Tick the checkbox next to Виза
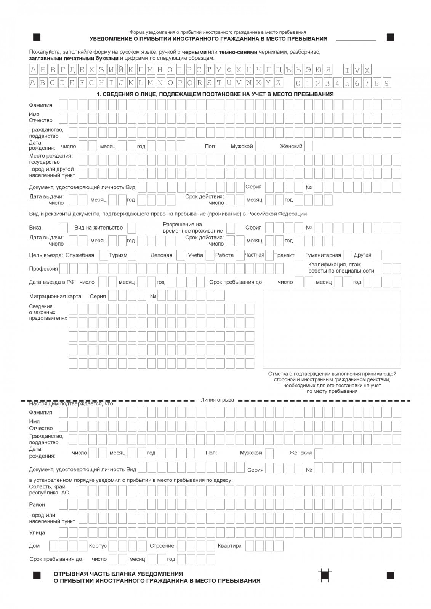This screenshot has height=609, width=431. [64, 228]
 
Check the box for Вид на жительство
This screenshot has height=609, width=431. [131, 228]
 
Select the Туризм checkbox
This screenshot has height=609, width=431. [132, 255]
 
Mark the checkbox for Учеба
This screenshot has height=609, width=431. [210, 255]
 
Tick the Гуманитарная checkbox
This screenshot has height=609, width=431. [348, 255]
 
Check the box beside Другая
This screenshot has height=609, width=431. [378, 255]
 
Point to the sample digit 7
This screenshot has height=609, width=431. [367, 83]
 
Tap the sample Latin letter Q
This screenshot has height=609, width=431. [190, 83]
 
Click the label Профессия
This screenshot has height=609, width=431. [43, 269]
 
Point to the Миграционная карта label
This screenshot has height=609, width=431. [55, 296]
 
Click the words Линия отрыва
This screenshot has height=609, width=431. [217, 400]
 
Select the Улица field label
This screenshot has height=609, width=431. [37, 532]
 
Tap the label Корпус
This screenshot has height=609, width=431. [98, 546]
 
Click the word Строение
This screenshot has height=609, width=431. [162, 546]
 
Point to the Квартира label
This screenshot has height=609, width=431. [229, 546]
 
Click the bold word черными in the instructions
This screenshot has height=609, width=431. [194, 52]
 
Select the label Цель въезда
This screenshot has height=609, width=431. [46, 255]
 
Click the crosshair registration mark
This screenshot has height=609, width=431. [325, 575]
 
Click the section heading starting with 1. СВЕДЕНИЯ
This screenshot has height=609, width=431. [215, 94]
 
